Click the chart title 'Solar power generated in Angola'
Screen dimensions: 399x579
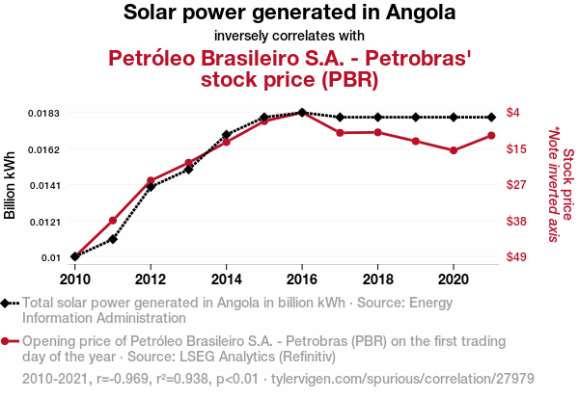[x=289, y=13]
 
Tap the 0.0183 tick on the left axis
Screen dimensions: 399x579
[x=43, y=114]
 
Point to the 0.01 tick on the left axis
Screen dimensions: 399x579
[x=50, y=257]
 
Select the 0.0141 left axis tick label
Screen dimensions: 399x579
[x=43, y=185]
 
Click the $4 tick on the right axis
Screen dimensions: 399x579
[x=513, y=113]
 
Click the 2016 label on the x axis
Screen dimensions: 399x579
[x=302, y=279]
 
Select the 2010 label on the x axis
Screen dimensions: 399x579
[x=75, y=279]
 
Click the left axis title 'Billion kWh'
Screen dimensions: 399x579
[x=11, y=185]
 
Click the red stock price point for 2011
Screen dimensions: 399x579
[x=113, y=221]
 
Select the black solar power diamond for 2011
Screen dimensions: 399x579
[x=113, y=238]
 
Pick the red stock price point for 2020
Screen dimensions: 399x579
[x=454, y=150]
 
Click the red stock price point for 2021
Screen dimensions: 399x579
[x=491, y=135]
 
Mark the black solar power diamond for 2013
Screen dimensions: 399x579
[x=188, y=169]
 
